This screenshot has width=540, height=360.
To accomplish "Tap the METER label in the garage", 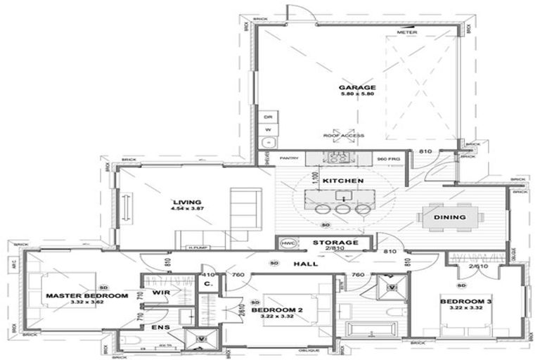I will point(406,33).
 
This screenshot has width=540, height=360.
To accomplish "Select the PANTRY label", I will point(290,159).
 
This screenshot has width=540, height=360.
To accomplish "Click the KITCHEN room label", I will point(342,181).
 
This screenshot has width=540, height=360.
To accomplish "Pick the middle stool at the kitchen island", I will point(343,209).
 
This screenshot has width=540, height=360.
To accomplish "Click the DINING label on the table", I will point(449,217).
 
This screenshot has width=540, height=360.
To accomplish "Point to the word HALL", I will point(305,264).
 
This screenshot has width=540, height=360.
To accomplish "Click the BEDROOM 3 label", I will point(465,302).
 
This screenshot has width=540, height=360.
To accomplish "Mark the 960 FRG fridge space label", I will point(387,159).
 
